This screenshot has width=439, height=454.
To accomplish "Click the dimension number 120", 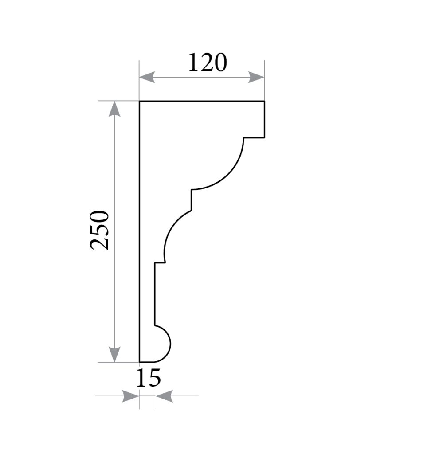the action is coord(208,63).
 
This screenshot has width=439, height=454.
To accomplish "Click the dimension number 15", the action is coord(148,378).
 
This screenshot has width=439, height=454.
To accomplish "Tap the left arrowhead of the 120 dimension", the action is coord(147,77).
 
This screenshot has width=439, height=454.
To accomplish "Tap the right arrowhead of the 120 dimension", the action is coord(256,77).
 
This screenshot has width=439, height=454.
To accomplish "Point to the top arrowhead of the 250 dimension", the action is coord(115,109).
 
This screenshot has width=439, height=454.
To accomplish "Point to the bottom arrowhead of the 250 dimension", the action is coord(115,354).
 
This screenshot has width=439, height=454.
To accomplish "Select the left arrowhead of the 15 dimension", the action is coord(131,396).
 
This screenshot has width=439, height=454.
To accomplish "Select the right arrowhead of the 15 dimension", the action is coord(165,396).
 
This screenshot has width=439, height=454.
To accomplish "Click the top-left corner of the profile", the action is coord(140,102).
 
